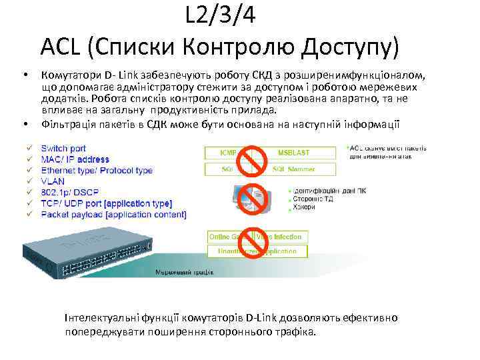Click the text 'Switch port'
coord(63,148)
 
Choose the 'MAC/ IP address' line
coord(75,159)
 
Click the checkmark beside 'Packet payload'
coord(29,215)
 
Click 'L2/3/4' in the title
coord(220,15)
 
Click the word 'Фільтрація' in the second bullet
coord(67,123)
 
